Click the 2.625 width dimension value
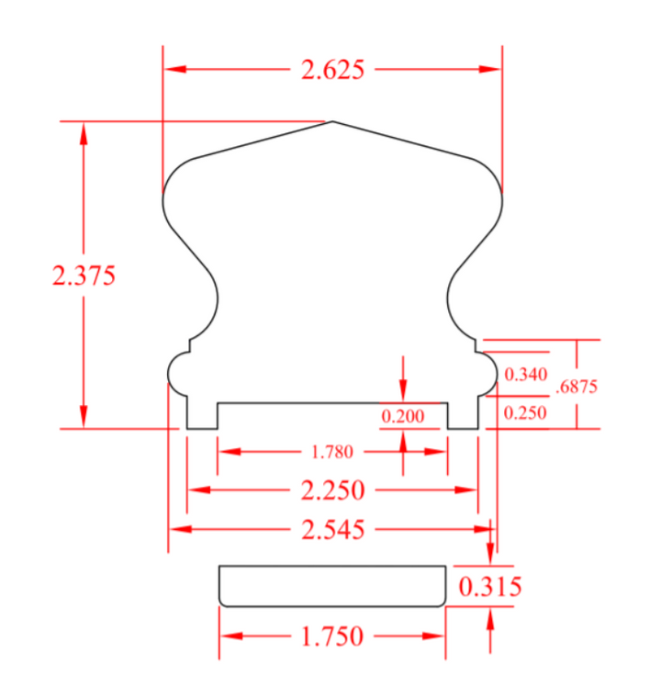[x=332, y=70]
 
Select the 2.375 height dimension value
[x=84, y=276]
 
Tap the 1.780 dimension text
[x=331, y=452]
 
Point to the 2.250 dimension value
[x=332, y=490]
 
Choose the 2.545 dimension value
[x=332, y=529]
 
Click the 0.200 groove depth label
[x=403, y=417]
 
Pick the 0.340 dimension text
[x=526, y=375]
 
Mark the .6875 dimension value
[x=577, y=387]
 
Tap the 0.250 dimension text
[x=526, y=413]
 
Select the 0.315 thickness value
[x=490, y=586]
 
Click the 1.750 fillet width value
[x=332, y=636]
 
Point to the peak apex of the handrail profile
[x=332, y=121]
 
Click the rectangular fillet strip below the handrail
[x=332, y=586]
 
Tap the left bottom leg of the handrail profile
[x=202, y=415]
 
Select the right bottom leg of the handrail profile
[x=463, y=415]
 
